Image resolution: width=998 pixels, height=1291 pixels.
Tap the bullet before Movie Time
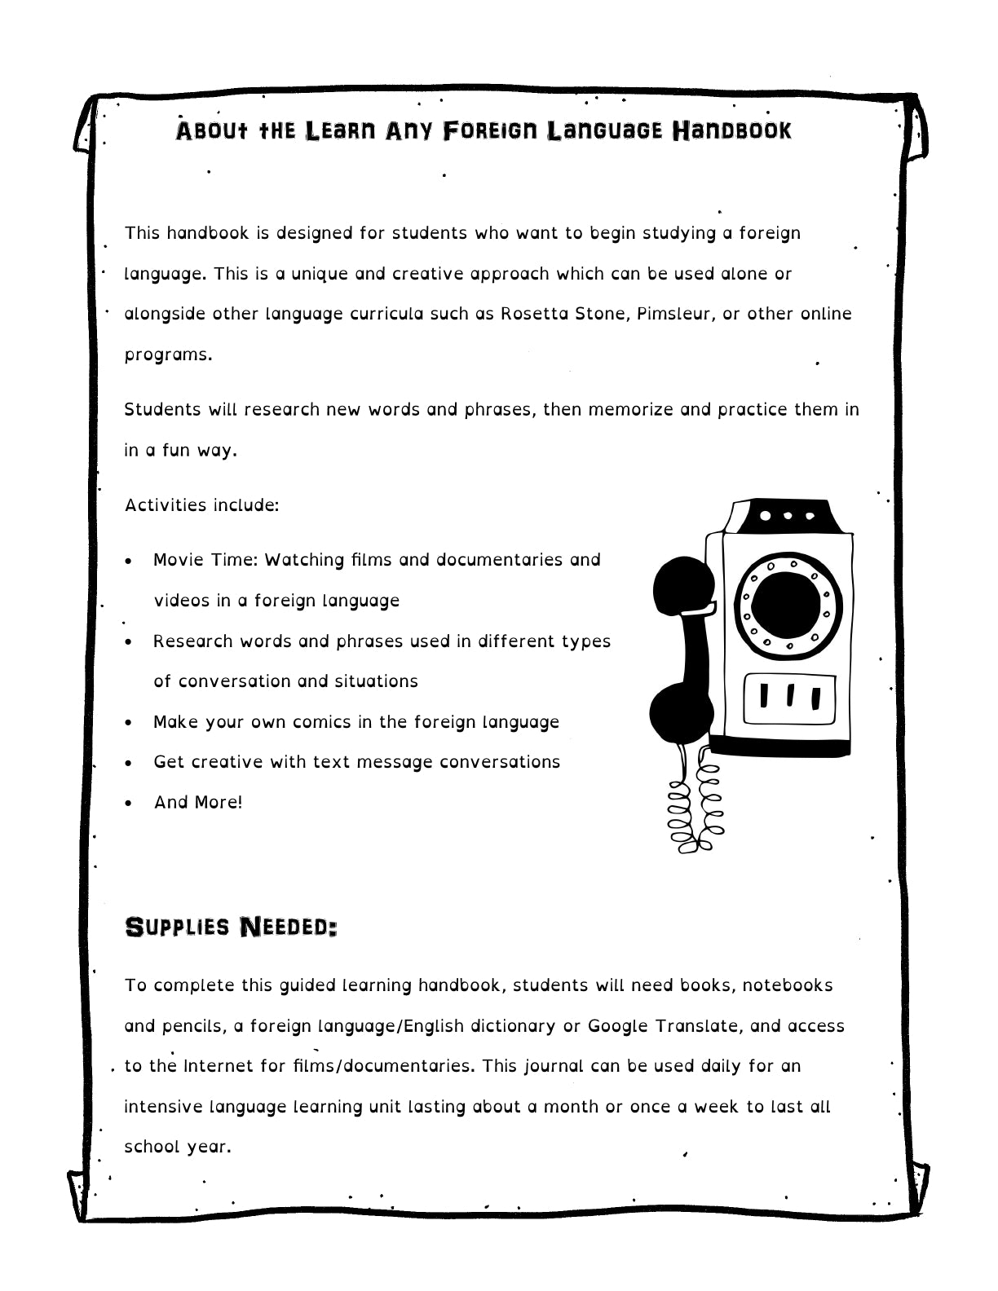tap(129, 562)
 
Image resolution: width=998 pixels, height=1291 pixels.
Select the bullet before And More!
tap(129, 804)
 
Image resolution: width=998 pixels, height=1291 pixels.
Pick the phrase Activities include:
tap(201, 505)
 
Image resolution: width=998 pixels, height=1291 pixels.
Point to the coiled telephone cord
tap(693, 807)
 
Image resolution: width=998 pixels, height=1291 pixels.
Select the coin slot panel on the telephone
tap(788, 697)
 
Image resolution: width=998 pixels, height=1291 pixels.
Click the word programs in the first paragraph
tap(167, 355)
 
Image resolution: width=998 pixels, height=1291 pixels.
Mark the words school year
tap(178, 1147)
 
